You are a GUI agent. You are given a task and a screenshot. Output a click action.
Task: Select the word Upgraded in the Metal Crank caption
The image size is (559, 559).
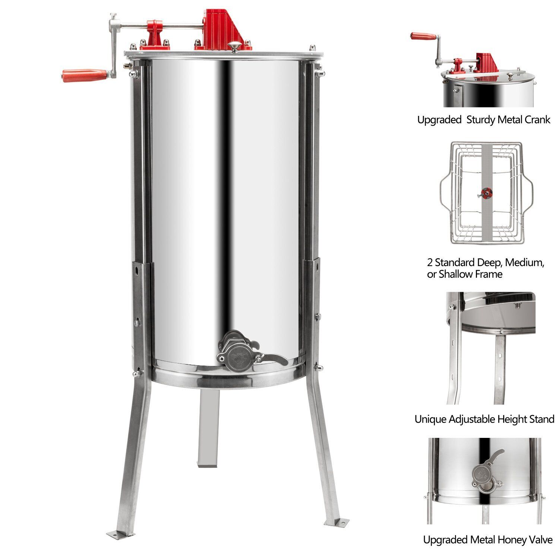[x=439, y=120]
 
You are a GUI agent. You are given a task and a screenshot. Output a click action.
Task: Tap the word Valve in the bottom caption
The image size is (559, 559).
[x=540, y=540]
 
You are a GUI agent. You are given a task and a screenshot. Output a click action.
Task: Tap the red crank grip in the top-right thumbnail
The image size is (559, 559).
[x=423, y=36]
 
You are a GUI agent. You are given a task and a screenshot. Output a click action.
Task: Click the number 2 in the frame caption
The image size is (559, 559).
[x=430, y=263]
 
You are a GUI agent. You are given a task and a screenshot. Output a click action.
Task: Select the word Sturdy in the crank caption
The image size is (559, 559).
[x=481, y=120]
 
